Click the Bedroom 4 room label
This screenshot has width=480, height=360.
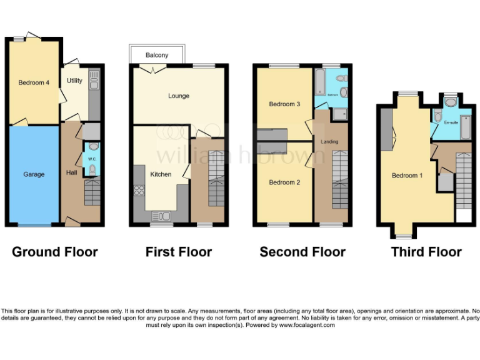tap(34, 82)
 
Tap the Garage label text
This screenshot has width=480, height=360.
tap(34, 174)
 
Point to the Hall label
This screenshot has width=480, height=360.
tap(72, 172)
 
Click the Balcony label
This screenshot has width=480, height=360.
tap(157, 56)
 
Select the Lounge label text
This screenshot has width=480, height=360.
tap(178, 96)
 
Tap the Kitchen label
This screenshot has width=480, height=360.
tap(161, 174)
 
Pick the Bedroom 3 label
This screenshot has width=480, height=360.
tap(281, 104)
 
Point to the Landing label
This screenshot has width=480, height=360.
tap(329, 142)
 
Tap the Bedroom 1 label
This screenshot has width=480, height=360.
tap(407, 176)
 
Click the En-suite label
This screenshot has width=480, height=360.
tap(451, 123)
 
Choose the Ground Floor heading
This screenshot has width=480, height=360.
tap(55, 252)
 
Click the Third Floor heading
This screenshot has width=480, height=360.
tap(426, 252)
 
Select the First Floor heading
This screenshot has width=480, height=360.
tap(179, 252)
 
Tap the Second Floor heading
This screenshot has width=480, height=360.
tap(302, 252)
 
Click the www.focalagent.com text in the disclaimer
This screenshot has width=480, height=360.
tap(307, 325)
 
